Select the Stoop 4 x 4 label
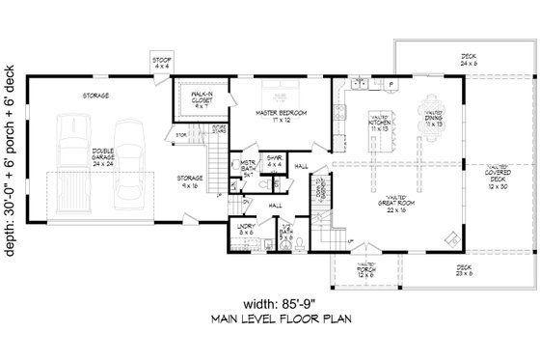[x=162, y=63]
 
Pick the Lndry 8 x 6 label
[x=247, y=230]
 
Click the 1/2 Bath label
[x=285, y=233]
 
